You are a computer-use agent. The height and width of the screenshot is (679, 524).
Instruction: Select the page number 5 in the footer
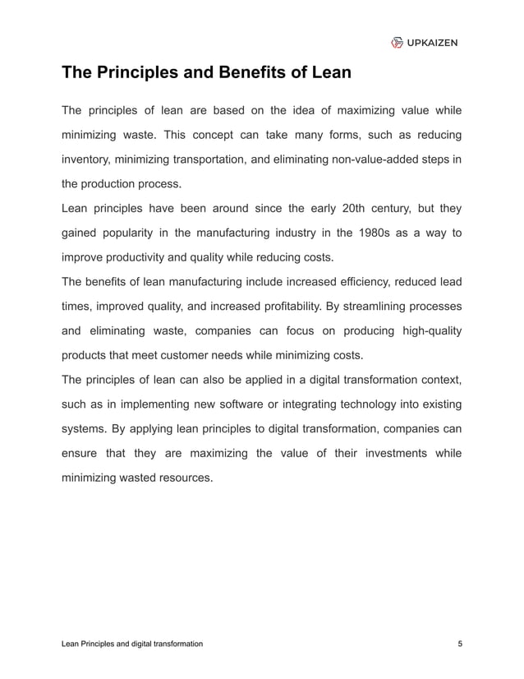click(x=459, y=644)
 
